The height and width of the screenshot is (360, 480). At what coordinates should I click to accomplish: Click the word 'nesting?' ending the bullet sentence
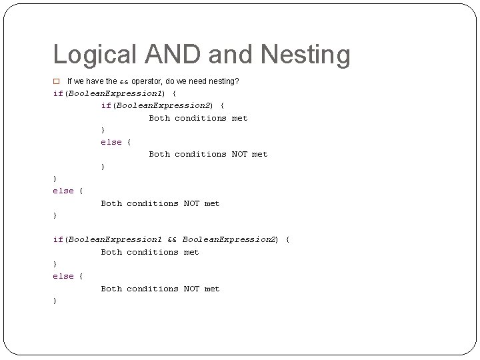point(224,81)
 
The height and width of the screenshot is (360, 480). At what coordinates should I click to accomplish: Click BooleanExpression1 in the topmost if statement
point(116,93)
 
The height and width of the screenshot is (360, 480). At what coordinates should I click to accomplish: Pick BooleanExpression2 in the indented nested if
point(164,105)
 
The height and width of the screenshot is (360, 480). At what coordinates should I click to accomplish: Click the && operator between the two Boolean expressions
point(172,239)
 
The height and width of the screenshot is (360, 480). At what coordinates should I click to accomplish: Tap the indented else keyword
point(111,142)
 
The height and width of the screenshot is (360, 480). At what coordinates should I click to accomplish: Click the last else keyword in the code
point(63,276)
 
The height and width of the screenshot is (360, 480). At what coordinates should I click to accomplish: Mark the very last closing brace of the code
point(55,301)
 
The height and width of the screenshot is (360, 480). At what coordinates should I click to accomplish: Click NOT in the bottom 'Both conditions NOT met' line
point(191,289)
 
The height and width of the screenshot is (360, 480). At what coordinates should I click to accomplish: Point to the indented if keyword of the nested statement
point(105,105)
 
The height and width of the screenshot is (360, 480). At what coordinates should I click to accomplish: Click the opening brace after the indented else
point(129,142)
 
